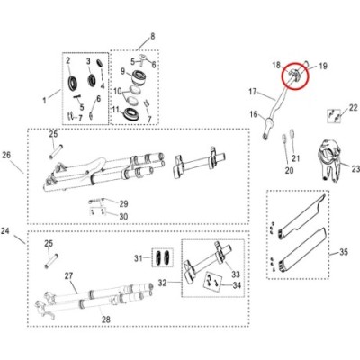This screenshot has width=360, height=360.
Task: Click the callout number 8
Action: (153, 37)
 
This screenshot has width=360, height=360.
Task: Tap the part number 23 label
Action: (355, 169)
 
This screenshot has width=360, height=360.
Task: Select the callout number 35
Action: (344, 252)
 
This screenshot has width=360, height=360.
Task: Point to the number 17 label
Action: (253, 91)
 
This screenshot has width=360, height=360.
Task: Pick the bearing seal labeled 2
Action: (73, 83)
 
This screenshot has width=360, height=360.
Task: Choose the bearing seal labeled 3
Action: (92, 79)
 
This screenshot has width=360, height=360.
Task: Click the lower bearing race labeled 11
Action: (130, 114)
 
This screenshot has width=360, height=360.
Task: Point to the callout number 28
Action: (106, 319)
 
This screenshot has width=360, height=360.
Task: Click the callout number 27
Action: (69, 275)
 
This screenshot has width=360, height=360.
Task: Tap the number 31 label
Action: (139, 258)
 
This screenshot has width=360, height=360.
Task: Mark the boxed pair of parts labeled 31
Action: (163, 257)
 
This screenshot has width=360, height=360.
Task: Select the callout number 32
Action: (162, 283)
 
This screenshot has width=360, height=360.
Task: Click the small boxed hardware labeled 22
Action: (334, 115)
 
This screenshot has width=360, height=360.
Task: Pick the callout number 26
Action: (6, 155)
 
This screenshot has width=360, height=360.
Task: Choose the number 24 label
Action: (5, 231)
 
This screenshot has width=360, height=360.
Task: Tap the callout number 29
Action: (123, 204)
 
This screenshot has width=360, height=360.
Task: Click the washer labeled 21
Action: (292, 132)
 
